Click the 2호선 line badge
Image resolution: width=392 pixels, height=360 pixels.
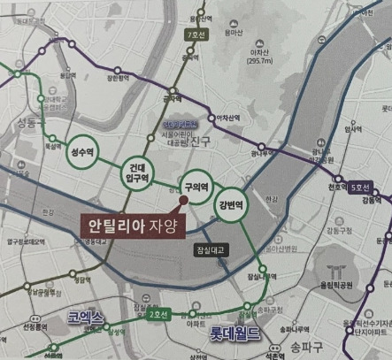158,315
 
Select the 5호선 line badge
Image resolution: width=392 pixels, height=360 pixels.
359,188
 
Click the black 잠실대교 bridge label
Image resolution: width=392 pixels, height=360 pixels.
212,250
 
